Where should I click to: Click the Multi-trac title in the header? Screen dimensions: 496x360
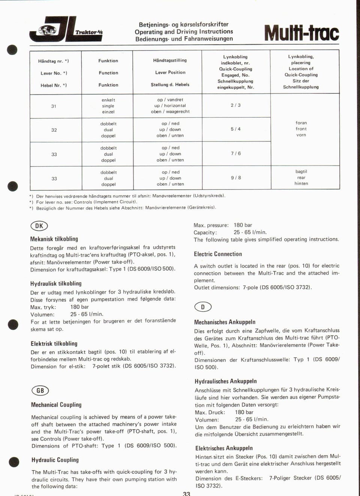(x=301, y=33)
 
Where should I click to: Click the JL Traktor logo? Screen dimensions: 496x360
(x=66, y=30)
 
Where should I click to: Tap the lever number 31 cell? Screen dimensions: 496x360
(x=54, y=106)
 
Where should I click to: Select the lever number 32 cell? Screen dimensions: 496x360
(x=54, y=130)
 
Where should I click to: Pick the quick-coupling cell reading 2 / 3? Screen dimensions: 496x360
(x=235, y=105)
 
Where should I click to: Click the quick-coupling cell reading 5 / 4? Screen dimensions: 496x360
(x=235, y=129)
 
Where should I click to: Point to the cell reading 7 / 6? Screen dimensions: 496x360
(x=235, y=153)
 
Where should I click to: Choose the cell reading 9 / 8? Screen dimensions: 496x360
(x=235, y=178)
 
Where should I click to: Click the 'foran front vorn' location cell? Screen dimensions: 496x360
(x=301, y=129)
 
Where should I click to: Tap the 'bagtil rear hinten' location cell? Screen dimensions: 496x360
(x=301, y=177)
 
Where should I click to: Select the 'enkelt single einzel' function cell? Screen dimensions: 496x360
(x=108, y=106)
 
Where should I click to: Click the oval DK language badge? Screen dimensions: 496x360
(x=39, y=226)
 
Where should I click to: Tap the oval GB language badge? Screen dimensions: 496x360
(x=40, y=391)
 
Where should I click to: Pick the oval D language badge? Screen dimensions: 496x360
(x=203, y=307)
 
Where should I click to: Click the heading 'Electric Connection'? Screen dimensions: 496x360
(x=218, y=254)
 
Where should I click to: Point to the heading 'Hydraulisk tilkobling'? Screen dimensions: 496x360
(x=56, y=284)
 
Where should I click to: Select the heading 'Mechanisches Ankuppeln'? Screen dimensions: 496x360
(x=225, y=322)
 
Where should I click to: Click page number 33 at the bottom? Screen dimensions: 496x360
(x=186, y=493)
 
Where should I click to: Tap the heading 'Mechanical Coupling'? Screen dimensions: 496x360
(x=56, y=405)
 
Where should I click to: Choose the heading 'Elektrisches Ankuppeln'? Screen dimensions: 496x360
(x=224, y=448)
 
